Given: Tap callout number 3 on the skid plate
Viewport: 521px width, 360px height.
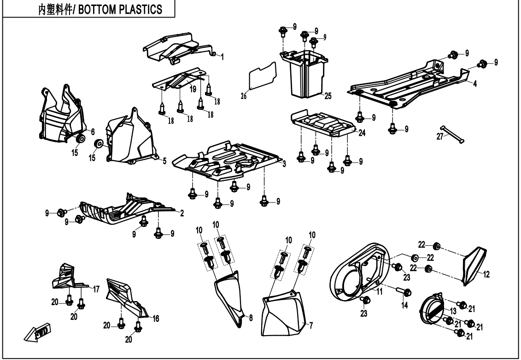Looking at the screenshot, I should point(285,164).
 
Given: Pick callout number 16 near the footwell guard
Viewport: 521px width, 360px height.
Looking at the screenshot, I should point(156,318).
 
